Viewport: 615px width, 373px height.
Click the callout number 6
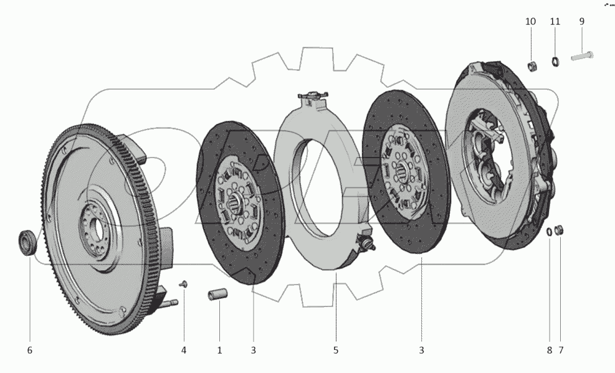click(x=29, y=351)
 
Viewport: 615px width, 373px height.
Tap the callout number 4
click(x=184, y=351)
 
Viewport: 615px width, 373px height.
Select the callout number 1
click(x=219, y=351)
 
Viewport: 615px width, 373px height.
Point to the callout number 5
click(x=336, y=351)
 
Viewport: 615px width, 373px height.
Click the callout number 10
click(x=530, y=22)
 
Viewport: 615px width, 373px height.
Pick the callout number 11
click(x=555, y=22)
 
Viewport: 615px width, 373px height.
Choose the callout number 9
click(x=582, y=22)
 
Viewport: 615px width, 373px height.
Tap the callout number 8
click(x=550, y=351)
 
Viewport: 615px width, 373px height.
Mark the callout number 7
click(x=561, y=351)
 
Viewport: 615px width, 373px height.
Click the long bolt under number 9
click(x=582, y=57)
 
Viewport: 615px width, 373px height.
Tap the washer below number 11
click(x=555, y=62)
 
